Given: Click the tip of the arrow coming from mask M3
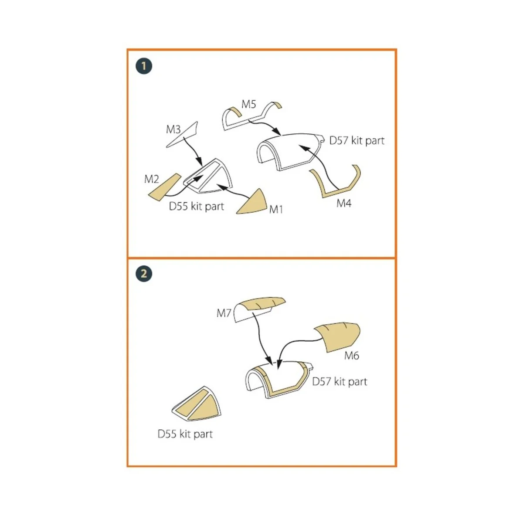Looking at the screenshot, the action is click(x=202, y=166).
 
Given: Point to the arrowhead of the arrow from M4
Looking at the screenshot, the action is click(x=299, y=146).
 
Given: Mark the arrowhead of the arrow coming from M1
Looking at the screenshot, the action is click(x=217, y=185).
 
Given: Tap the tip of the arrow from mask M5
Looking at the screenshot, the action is click(x=281, y=135).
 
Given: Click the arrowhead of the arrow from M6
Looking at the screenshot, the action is click(x=278, y=369).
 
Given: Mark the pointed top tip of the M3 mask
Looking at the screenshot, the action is click(x=197, y=122).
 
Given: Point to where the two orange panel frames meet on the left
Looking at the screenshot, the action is click(x=128, y=258).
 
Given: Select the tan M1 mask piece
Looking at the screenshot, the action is click(x=251, y=202).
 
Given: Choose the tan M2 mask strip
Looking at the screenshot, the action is click(x=165, y=187).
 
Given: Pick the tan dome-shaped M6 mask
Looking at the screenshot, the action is click(x=337, y=337).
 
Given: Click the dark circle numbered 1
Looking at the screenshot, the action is click(x=144, y=66).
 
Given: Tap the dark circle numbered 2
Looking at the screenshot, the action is click(x=144, y=273).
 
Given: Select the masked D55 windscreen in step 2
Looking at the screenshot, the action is click(x=197, y=404).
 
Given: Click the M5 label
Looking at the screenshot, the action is click(x=248, y=104).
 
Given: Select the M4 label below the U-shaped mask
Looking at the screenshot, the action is click(x=343, y=203).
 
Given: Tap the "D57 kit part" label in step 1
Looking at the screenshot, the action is click(x=357, y=141).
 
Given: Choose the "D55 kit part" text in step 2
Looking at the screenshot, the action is click(x=185, y=434).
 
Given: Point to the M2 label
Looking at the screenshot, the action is click(x=151, y=179).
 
